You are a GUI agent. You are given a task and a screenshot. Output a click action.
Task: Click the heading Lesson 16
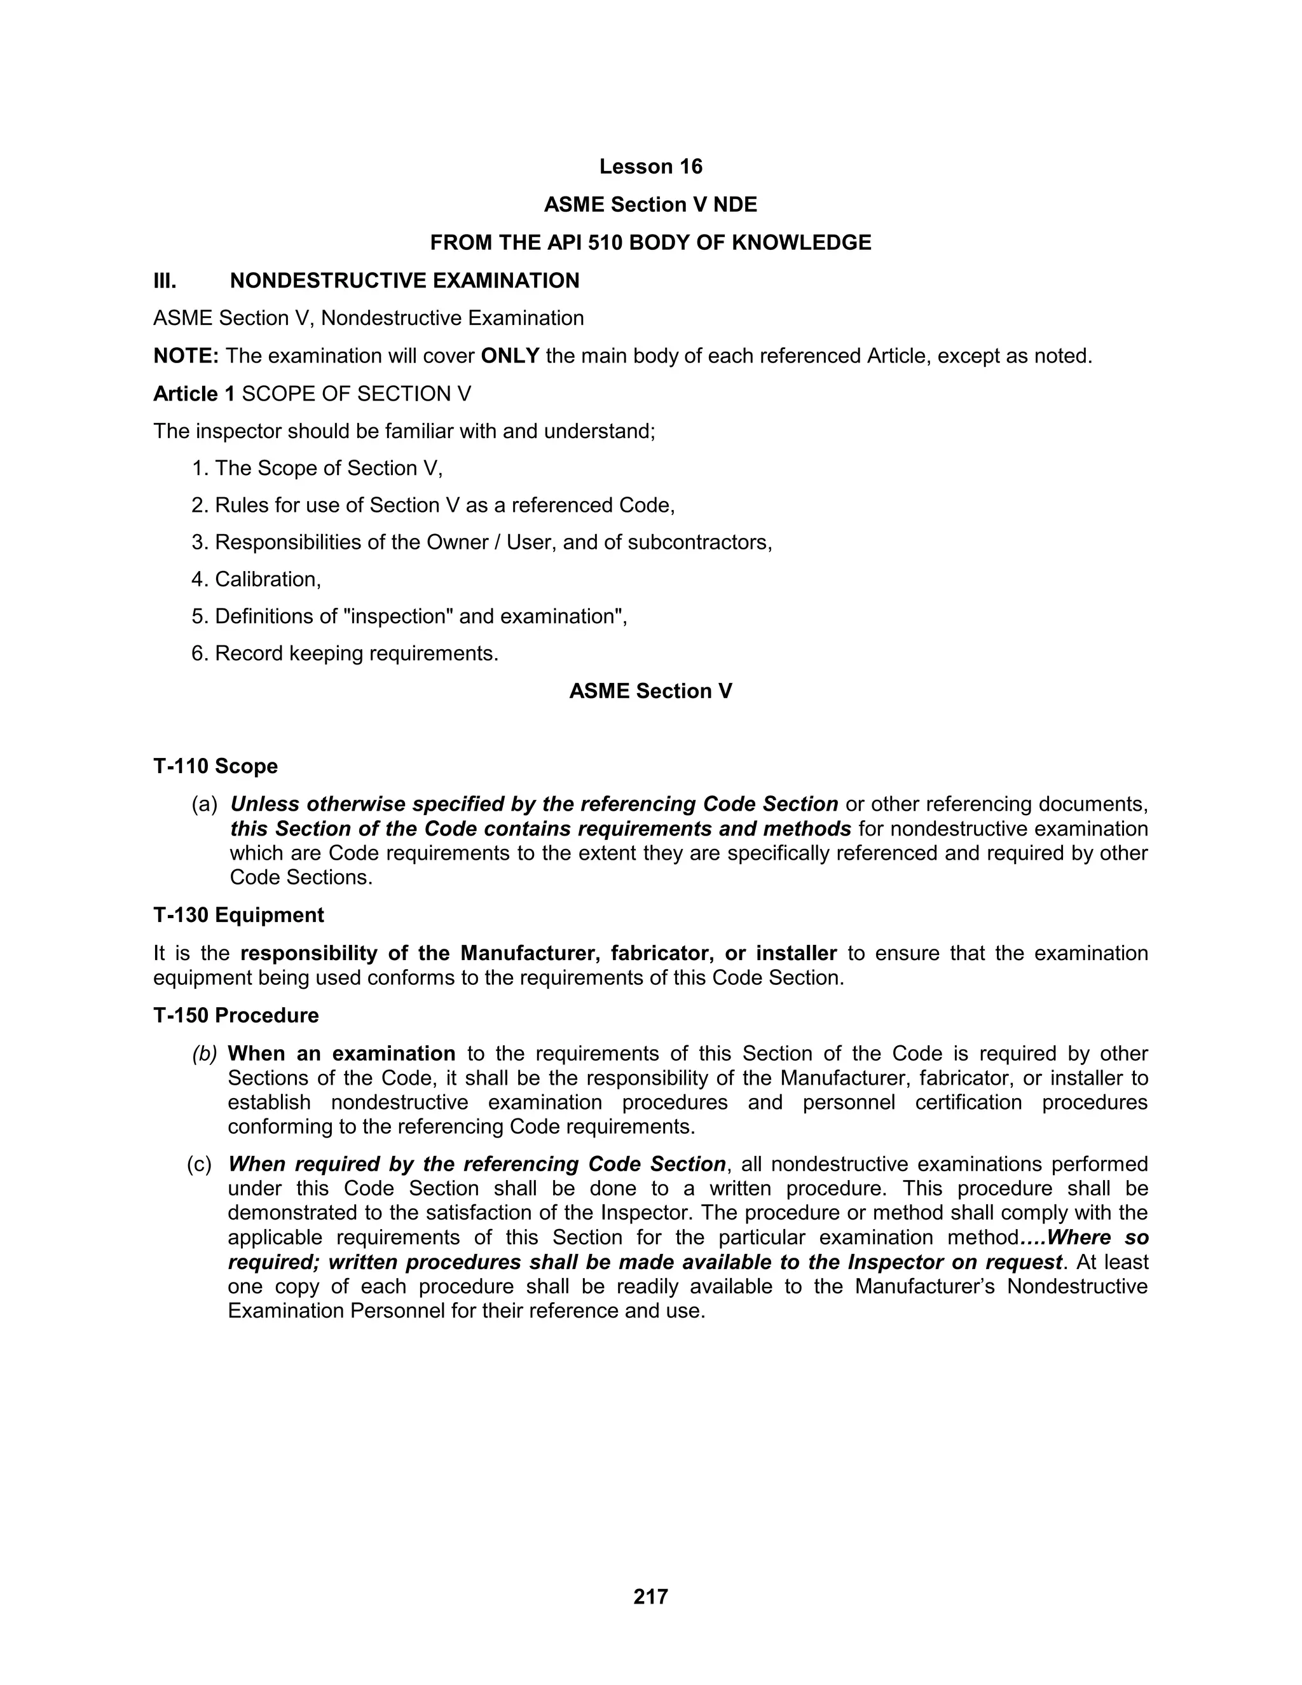(650, 167)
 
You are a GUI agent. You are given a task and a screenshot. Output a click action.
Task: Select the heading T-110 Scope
(216, 766)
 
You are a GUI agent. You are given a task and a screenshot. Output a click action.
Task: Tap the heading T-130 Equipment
(238, 915)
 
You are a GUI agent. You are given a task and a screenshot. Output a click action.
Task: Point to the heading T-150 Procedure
(235, 1015)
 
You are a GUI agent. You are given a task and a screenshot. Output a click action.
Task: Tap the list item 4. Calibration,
(256, 579)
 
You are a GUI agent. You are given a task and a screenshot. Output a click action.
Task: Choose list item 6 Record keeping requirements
(345, 654)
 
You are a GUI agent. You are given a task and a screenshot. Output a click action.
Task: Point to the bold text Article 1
(194, 394)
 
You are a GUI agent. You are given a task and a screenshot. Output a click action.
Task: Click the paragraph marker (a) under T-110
(205, 804)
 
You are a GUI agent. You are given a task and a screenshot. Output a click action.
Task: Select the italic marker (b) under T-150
(205, 1053)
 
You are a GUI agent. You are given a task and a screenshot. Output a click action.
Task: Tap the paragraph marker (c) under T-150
(199, 1164)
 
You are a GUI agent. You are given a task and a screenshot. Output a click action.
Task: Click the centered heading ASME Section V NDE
(650, 205)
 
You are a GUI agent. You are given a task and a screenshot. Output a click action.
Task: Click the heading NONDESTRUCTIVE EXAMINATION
(404, 281)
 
